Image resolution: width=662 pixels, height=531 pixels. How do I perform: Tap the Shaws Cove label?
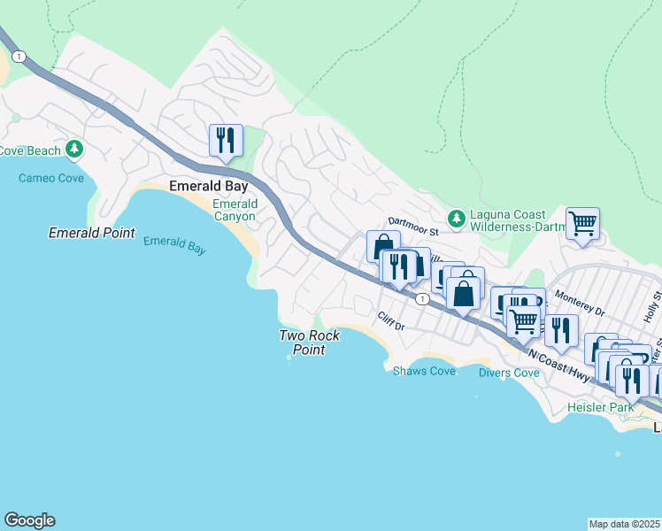424,371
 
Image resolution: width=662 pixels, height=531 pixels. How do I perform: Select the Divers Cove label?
509,373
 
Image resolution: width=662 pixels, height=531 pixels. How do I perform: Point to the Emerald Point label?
92,234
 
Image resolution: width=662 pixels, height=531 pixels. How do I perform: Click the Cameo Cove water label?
51,178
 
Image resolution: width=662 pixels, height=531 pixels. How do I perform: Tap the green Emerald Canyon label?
235,211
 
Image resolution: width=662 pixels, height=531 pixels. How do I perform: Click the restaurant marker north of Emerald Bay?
226,140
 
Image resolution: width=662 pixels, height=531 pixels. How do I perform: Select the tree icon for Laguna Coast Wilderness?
456,218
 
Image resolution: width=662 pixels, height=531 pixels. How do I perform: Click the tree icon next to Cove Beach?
77,149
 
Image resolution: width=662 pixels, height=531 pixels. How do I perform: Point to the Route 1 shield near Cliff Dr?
423,299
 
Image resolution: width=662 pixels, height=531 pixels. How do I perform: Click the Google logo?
29,520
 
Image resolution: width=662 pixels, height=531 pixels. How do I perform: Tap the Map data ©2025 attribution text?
624,524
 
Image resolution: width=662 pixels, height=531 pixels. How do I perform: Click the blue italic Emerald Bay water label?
174,245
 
